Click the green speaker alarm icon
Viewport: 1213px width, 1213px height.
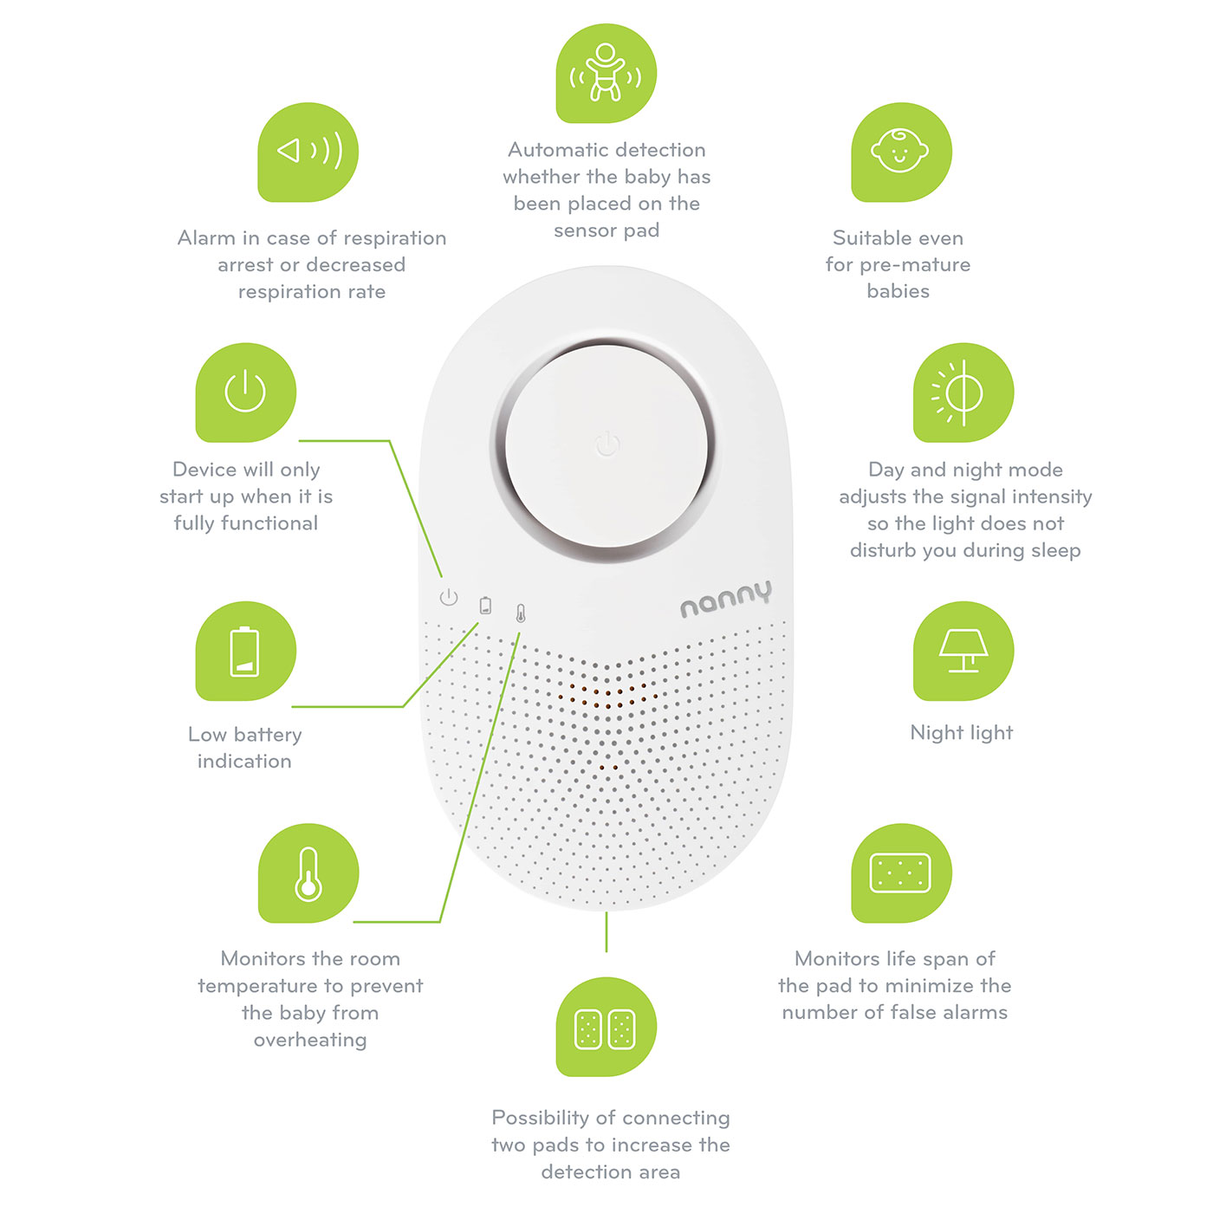pos(308,152)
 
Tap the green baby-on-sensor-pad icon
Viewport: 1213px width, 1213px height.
pos(606,73)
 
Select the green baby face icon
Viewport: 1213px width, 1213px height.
pos(901,152)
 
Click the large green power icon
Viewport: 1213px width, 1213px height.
pos(245,392)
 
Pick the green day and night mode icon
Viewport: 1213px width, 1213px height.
pos(963,392)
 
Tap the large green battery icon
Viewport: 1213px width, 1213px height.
pos(245,651)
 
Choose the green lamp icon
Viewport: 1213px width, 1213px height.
pos(963,651)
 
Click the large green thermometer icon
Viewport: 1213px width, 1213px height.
pos(308,873)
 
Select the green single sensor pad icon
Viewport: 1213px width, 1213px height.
pos(901,873)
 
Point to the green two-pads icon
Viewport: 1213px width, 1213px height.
pos(606,1027)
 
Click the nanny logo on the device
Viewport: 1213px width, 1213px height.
pos(726,599)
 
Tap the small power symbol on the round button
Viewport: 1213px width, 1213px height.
pos(607,444)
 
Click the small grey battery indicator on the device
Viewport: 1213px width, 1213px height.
pos(485,606)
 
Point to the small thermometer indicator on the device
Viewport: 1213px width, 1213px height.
pos(521,613)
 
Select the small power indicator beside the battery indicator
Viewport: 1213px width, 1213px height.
pos(449,597)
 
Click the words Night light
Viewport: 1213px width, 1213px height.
pos(962,733)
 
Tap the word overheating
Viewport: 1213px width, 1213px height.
pos(310,1040)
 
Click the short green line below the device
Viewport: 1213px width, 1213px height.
pos(606,931)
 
